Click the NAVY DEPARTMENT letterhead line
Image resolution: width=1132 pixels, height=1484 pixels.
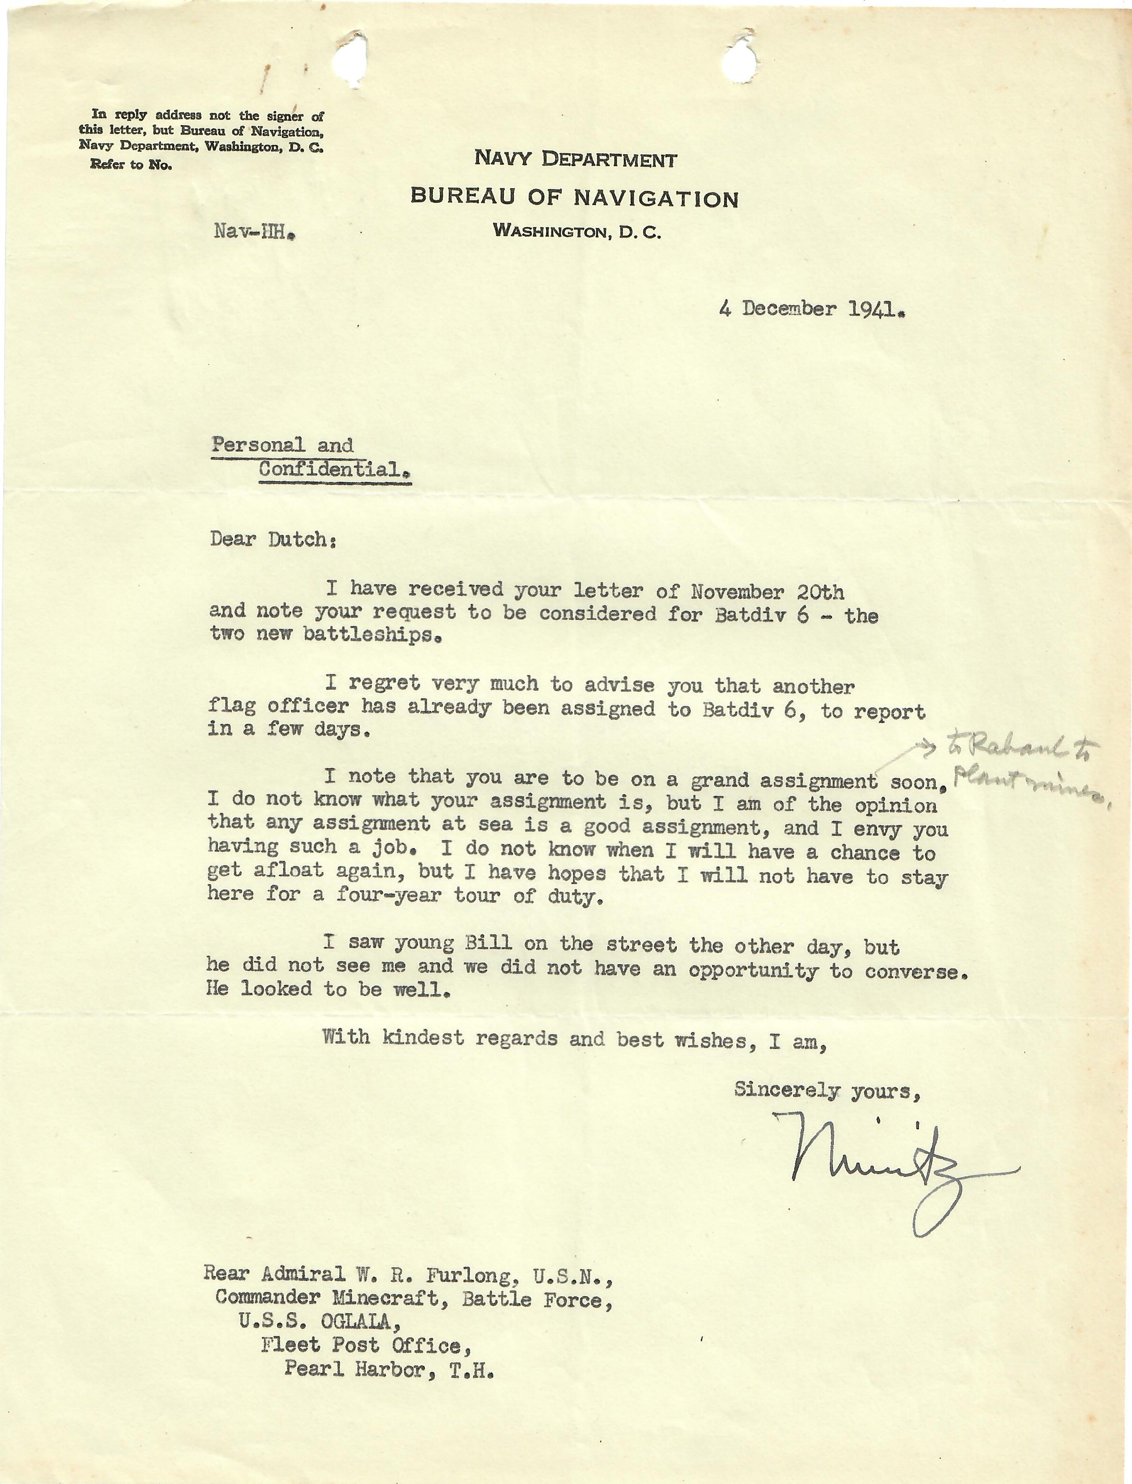tap(575, 159)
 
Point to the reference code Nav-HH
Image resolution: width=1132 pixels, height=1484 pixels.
tap(255, 232)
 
